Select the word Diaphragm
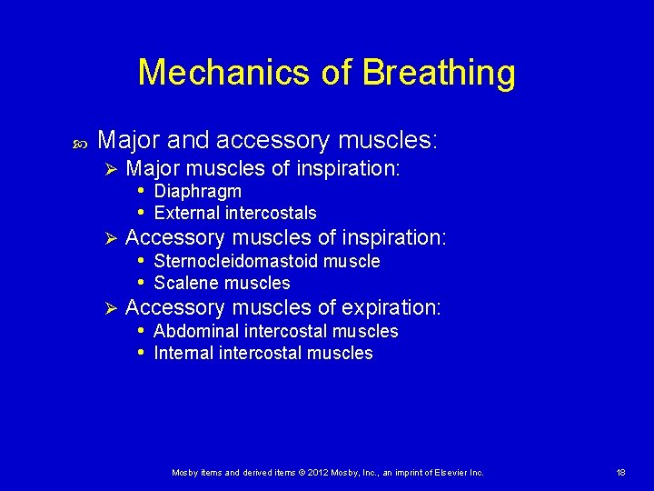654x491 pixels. pyautogui.click(x=198, y=191)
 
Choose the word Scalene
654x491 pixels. pyautogui.click(x=186, y=283)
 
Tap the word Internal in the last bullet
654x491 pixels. pyautogui.click(x=184, y=353)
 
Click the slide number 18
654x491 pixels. pyautogui.click(x=620, y=473)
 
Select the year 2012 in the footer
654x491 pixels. pyautogui.click(x=313, y=473)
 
